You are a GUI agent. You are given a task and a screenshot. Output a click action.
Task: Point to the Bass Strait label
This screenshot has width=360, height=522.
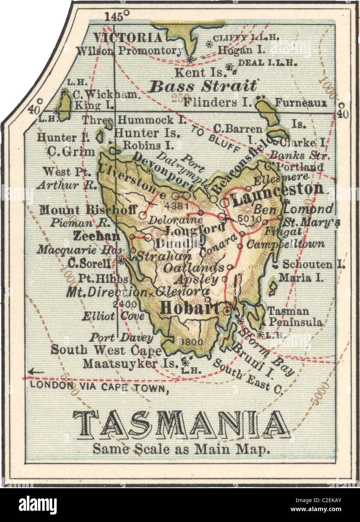click(x=203, y=86)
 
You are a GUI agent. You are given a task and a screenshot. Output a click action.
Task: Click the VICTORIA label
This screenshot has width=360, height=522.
click(x=128, y=38)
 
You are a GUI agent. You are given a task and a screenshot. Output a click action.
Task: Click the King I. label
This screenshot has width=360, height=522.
click(x=94, y=106)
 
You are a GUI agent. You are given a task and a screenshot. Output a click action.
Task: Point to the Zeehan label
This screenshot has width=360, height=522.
click(x=96, y=236)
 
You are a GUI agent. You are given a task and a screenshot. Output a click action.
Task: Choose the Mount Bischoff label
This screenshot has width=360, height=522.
click(x=88, y=210)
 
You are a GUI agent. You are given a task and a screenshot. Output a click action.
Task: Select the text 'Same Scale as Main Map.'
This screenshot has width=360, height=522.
click(x=181, y=449)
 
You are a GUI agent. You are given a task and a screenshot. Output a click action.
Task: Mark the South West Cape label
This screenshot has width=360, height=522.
click(x=106, y=350)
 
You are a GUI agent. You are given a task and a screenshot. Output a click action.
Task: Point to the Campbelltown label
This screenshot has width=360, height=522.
click(x=286, y=244)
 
